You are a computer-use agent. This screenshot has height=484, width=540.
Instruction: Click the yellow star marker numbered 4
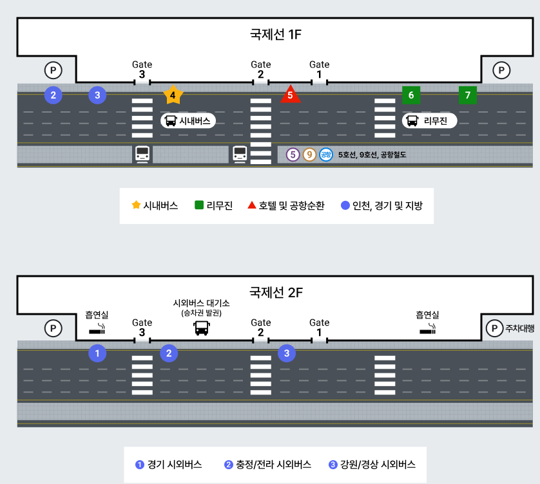pos(173,95)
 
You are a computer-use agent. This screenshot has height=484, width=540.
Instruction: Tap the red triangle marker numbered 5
pos(291,95)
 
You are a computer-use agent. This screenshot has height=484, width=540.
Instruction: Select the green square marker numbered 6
pos(411,95)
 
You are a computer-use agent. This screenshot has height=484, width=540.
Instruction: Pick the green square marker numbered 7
pos(468,95)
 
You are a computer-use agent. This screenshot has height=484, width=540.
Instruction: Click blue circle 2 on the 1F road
pos(53,95)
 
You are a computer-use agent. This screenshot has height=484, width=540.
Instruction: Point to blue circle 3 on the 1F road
pos(97,95)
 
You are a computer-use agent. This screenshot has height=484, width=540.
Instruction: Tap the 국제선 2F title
pos(276,293)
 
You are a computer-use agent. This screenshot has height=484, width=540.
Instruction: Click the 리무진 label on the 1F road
pos(430,120)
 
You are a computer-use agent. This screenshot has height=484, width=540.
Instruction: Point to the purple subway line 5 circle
pos(293,154)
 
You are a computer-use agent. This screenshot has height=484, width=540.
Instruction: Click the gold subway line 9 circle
pos(310,154)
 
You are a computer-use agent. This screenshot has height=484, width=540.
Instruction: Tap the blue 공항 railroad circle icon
pos(326,154)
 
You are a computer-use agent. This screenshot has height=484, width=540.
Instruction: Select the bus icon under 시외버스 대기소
pos(202,329)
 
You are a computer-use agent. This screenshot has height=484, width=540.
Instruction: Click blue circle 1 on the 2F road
pos(97,353)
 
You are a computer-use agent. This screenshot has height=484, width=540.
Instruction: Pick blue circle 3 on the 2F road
pos(287,353)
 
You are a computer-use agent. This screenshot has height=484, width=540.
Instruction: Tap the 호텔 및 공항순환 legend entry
pos(286,206)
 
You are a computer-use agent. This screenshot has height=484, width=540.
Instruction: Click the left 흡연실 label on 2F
pos(97,315)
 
